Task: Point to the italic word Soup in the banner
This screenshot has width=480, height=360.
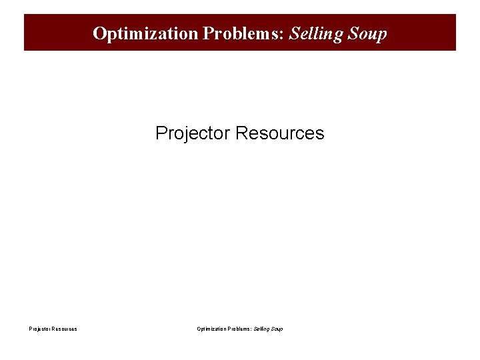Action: pyautogui.click(x=368, y=33)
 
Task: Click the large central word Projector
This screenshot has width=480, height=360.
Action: pyautogui.click(x=193, y=133)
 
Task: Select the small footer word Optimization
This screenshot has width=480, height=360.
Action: pyautogui.click(x=211, y=329)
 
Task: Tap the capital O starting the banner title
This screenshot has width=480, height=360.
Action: pyautogui.click(x=99, y=33)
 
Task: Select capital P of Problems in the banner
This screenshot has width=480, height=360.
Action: pyautogui.click(x=204, y=33)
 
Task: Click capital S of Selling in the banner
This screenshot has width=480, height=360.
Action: pyautogui.click(x=295, y=33)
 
